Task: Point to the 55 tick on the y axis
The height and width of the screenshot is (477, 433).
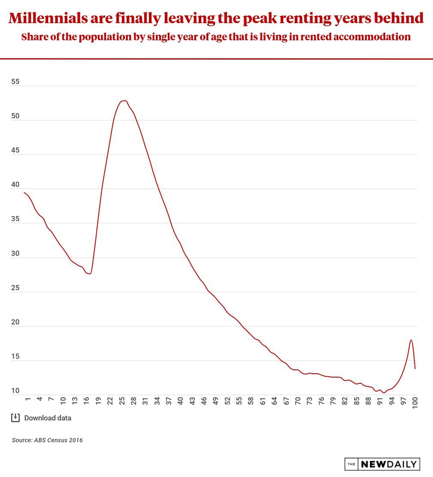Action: [x=15, y=81]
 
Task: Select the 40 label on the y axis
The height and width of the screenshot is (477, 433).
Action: [x=15, y=185]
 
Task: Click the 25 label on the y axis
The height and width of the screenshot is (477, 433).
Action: [x=15, y=288]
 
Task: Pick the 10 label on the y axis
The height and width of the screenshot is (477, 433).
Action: [x=15, y=391]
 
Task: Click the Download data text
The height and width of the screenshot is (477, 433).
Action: [x=48, y=418]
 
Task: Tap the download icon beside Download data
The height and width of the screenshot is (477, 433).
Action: [x=15, y=417]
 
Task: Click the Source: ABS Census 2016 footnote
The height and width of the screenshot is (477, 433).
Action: [x=47, y=440]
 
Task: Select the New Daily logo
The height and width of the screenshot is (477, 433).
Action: [x=382, y=464]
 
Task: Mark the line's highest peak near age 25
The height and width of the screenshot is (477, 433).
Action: [x=124, y=101]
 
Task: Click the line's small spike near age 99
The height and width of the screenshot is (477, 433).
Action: [x=411, y=340]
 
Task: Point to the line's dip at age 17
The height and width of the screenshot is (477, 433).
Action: [x=90, y=273]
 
